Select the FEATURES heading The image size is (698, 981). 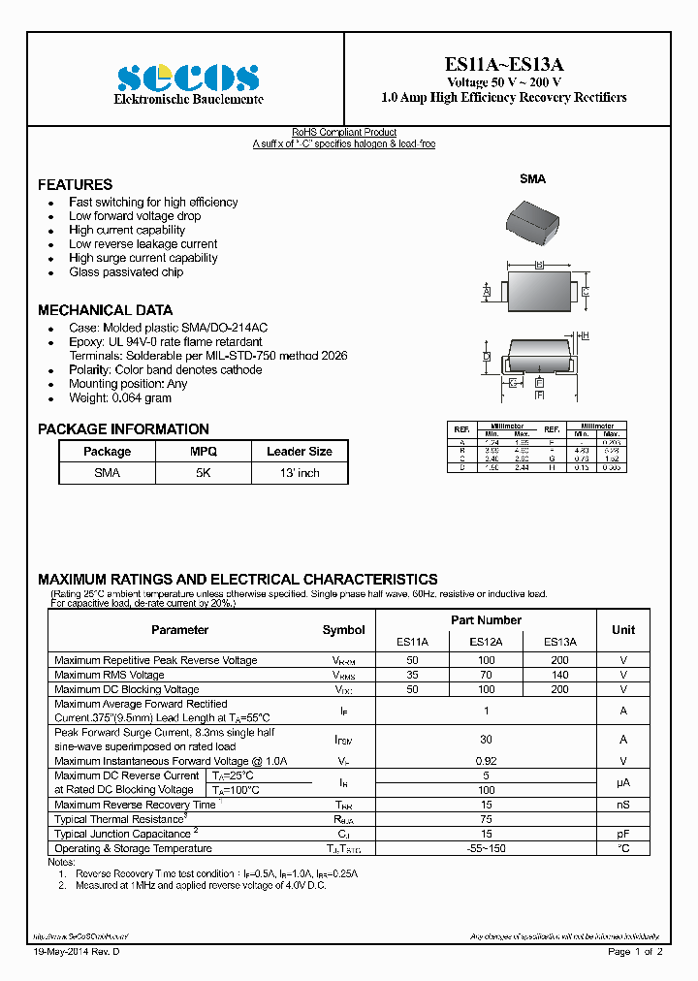75,184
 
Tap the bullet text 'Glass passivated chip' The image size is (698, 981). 126,272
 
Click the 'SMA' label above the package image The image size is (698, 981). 532,179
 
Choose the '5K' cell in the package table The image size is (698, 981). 204,473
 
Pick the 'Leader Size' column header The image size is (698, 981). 300,452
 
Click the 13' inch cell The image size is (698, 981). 300,473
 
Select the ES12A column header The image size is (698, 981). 486,642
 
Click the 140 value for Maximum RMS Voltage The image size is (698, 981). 559,675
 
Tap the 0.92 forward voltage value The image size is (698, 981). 486,761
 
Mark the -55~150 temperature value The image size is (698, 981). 486,848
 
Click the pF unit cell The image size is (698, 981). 623,834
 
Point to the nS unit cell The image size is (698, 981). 623,805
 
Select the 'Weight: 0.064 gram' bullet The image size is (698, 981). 120,398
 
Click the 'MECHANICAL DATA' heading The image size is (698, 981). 105,310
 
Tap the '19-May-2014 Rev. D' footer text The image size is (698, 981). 77,952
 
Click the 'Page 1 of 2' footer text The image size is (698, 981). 635,952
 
